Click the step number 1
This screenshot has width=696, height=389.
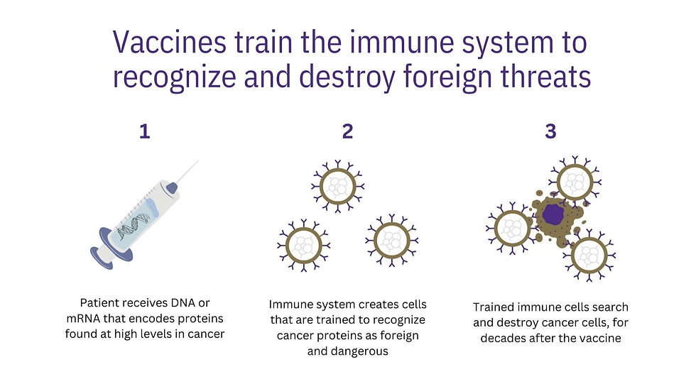click(145, 132)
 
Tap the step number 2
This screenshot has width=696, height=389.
click(347, 132)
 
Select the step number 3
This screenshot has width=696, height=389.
click(550, 132)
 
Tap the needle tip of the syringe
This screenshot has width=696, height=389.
click(198, 160)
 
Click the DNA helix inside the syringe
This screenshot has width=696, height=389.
click(134, 226)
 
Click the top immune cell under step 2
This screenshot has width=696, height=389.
click(338, 186)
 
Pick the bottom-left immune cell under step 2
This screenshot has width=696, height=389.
click(304, 246)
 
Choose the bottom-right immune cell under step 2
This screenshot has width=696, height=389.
click(392, 241)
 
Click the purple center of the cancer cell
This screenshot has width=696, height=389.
click(553, 214)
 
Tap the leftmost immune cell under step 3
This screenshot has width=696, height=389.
click(513, 228)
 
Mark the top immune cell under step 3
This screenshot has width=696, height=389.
click(575, 182)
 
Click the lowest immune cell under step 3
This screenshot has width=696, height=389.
click(589, 256)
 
